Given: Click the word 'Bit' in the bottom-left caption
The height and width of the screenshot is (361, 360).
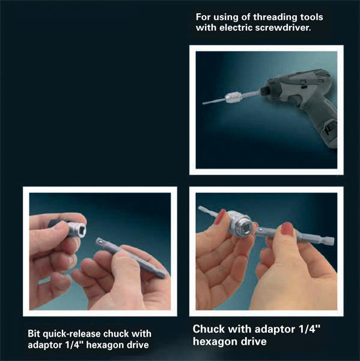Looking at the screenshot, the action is tap(34, 334).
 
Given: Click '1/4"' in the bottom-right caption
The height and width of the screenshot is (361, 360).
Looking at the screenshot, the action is tap(310, 329).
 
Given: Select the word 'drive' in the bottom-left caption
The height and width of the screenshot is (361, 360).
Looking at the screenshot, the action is tap(138, 345).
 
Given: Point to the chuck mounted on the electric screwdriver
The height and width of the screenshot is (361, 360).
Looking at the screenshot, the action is tap(233, 99).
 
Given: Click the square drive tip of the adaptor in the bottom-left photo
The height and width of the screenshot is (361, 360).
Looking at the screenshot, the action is tap(99, 242).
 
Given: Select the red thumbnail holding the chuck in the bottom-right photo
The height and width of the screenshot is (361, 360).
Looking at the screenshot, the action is tap(221, 217).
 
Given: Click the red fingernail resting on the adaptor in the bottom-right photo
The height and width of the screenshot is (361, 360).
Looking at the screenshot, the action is tap(286, 228).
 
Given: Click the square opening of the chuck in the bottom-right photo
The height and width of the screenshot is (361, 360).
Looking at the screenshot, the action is tap(243, 225).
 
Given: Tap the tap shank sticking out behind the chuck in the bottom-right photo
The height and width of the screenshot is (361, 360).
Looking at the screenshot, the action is tap(207, 211).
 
